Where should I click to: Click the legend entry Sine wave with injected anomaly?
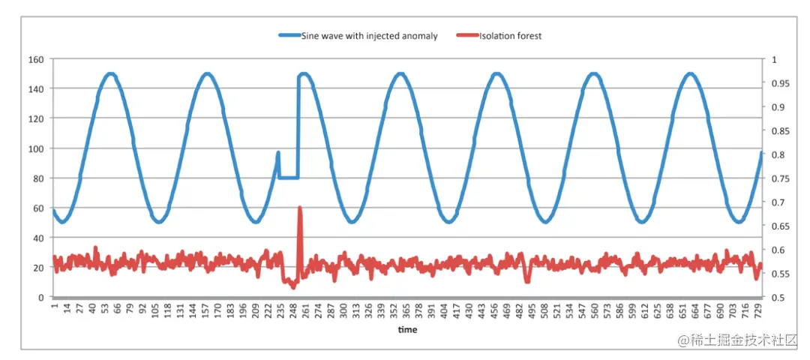[368, 36]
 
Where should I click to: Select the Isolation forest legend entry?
[511, 36]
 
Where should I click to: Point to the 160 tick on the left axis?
[36, 58]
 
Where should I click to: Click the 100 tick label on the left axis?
[36, 148]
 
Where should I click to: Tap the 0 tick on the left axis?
[40, 297]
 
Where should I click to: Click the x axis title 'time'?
[407, 329]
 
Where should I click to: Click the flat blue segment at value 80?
[288, 178]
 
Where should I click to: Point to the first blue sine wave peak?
[111, 74]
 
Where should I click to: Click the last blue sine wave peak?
[690, 74]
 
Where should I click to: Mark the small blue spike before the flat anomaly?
[278, 153]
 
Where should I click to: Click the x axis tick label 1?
[54, 307]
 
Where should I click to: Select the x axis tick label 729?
[759, 310]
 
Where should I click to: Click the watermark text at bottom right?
[737, 340]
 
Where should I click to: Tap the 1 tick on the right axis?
[772, 58]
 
